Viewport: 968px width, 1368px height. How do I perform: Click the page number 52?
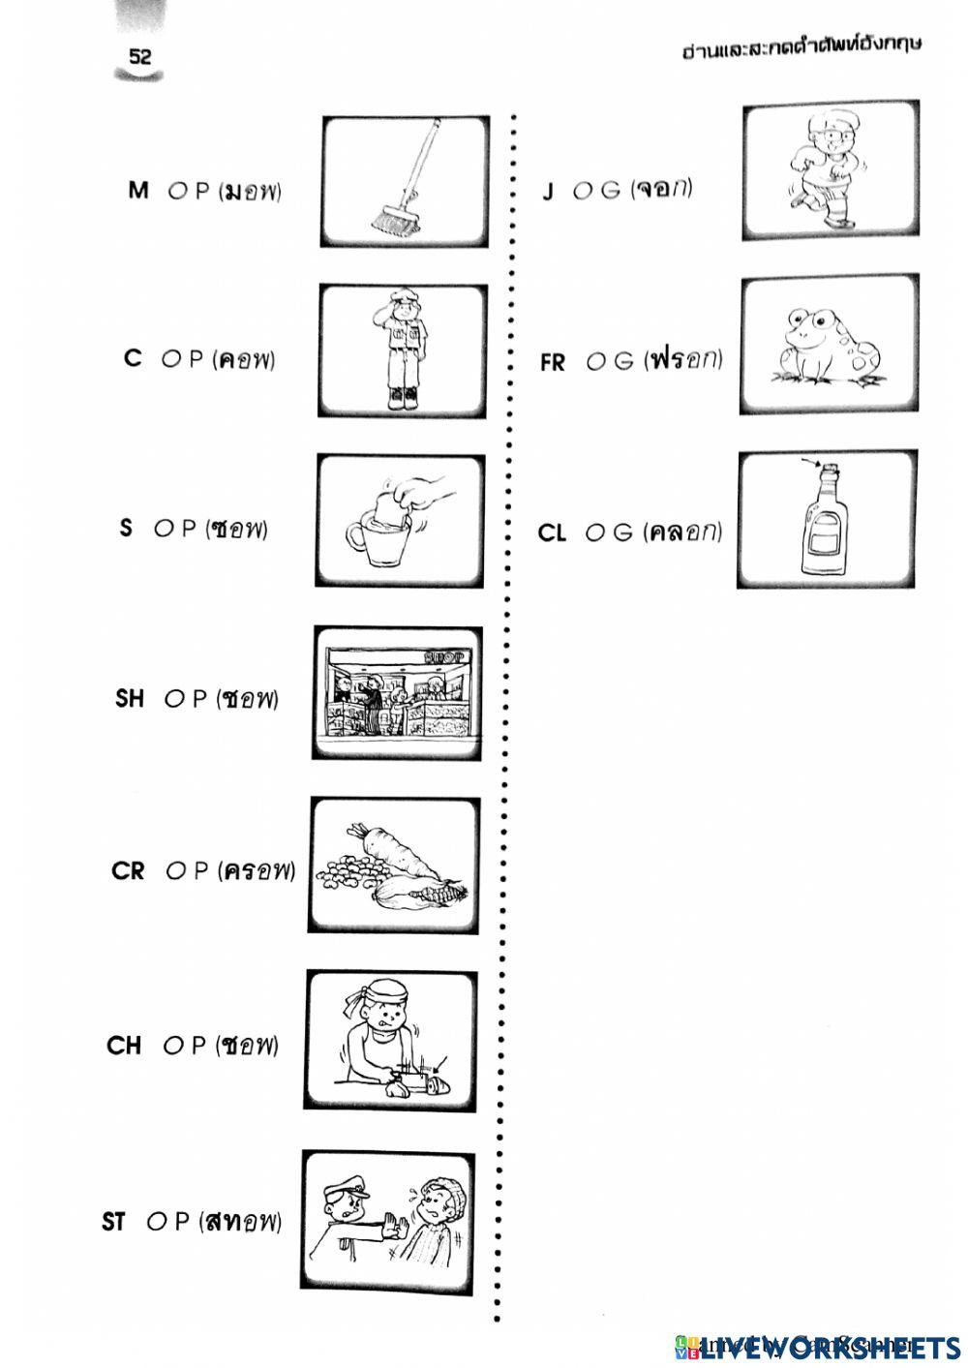coord(140,57)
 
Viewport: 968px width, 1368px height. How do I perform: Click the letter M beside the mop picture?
coord(138,190)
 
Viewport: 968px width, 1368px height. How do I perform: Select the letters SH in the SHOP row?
coord(130,698)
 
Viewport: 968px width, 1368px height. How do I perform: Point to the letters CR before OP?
coord(128,871)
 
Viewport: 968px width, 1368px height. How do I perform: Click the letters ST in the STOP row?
coord(113,1222)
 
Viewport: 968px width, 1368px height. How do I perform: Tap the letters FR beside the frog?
coord(553,363)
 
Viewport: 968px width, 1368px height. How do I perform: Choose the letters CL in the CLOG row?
coord(552,533)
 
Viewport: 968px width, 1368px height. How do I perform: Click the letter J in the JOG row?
coord(548,192)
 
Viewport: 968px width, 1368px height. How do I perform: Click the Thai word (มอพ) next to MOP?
coord(251,191)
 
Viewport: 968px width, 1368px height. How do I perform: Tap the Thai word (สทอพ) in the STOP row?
coord(241,1222)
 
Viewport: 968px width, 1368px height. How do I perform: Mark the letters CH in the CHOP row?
coord(124,1046)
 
